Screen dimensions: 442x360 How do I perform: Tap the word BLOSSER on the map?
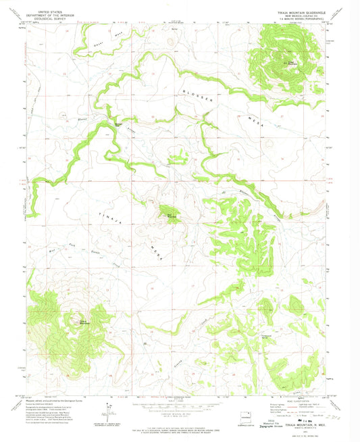[x=201, y=95]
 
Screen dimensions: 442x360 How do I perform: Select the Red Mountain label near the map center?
[x=172, y=216]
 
